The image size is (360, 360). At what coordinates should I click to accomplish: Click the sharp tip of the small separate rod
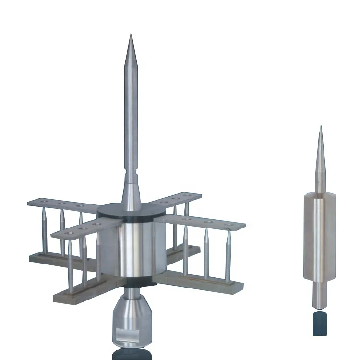[x=320, y=128]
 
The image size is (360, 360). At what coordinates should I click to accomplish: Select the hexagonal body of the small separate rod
[x=319, y=235]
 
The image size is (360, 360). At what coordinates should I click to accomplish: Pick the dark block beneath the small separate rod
[x=319, y=324]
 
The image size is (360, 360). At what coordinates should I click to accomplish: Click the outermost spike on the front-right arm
[x=228, y=254]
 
